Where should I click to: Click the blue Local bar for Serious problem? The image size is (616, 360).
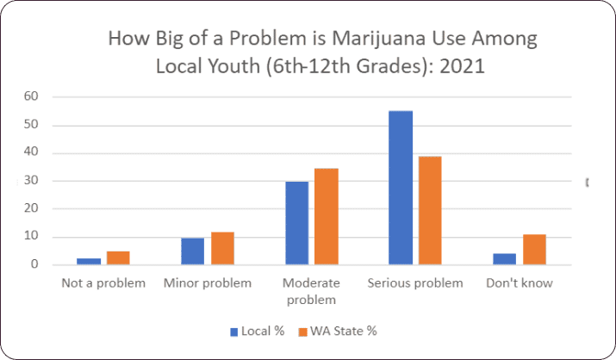pyautogui.click(x=401, y=188)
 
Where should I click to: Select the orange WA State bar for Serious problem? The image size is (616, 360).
pyautogui.click(x=429, y=210)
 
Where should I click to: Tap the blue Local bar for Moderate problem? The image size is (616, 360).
pyautogui.click(x=296, y=223)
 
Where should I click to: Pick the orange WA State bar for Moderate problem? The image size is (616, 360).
pyautogui.click(x=326, y=216)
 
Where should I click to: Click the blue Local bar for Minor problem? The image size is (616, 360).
pyautogui.click(x=192, y=251)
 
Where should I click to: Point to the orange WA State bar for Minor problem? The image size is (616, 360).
pyautogui.click(x=222, y=248)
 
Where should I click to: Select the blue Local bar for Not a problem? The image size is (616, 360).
pyautogui.click(x=89, y=261)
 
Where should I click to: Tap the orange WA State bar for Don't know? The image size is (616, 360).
pyautogui.click(x=534, y=249)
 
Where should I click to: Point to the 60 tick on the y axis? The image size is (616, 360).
pyautogui.click(x=31, y=96)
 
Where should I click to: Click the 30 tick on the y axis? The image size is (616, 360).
pyautogui.click(x=31, y=181)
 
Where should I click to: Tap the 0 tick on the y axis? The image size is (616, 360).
pyautogui.click(x=34, y=264)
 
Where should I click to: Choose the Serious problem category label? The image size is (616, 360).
pyautogui.click(x=415, y=282)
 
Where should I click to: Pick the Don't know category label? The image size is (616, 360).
pyautogui.click(x=519, y=282)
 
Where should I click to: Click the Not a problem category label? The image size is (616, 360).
pyautogui.click(x=103, y=282)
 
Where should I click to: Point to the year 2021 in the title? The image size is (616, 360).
pyautogui.click(x=464, y=66)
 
